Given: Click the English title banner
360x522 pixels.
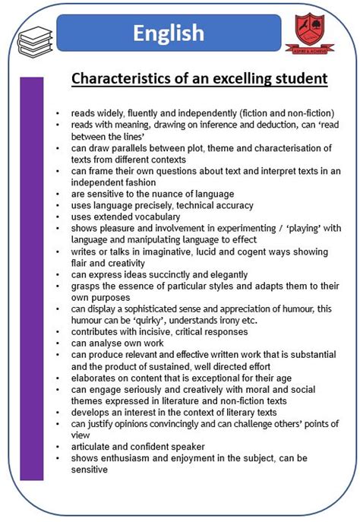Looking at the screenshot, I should [x=168, y=33].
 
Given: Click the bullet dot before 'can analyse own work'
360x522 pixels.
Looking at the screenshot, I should [x=58, y=343].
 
